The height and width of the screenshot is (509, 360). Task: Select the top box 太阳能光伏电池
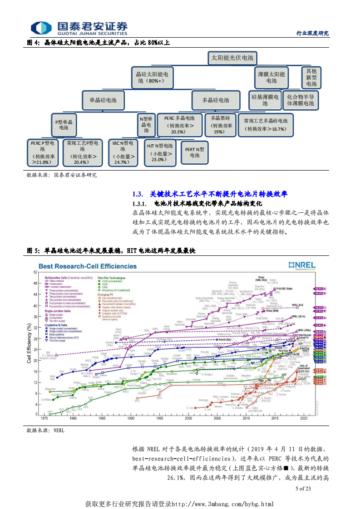pyautogui.click(x=232, y=58)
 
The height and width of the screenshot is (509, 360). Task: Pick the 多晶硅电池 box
pyautogui.click(x=216, y=100)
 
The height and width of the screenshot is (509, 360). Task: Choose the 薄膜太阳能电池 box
pyautogui.click(x=271, y=77)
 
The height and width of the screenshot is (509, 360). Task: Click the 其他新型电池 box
pyautogui.click(x=311, y=77)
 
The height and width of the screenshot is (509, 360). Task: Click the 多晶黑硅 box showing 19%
pyautogui.click(x=219, y=124)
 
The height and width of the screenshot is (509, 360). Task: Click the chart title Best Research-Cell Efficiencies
pyautogui.click(x=87, y=266)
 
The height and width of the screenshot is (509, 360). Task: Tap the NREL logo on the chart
pyautogui.click(x=302, y=264)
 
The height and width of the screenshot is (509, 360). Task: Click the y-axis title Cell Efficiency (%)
pyautogui.click(x=29, y=343)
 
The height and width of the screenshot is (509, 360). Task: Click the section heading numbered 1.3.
pyautogui.click(x=209, y=194)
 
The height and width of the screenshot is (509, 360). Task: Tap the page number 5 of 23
pyautogui.click(x=303, y=489)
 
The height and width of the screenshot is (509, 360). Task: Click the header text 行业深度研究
pyautogui.click(x=312, y=33)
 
